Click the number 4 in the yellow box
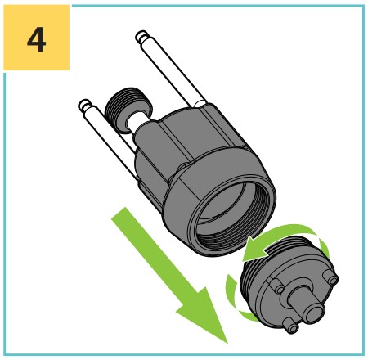[x=36, y=39]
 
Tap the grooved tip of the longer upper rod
[x=142, y=37]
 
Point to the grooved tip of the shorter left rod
[x=85, y=106]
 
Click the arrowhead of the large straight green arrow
[x=207, y=313]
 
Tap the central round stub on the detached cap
[x=308, y=304]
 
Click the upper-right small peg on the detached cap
[x=330, y=277]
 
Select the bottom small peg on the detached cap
[x=290, y=326]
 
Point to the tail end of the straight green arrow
[x=119, y=214]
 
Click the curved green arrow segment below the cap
[x=236, y=300]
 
